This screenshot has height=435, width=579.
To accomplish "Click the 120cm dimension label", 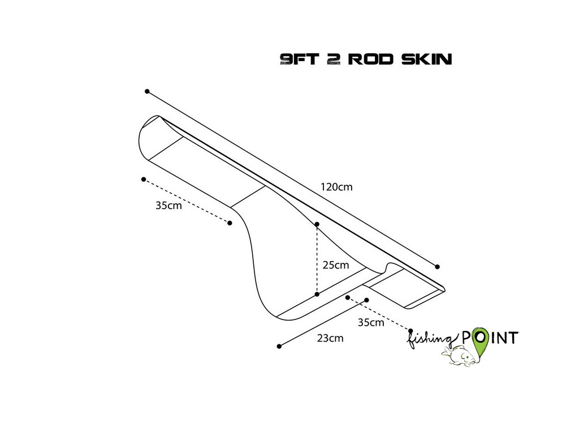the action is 336,187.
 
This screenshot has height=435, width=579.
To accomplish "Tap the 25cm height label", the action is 336,265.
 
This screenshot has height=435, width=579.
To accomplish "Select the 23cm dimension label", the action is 330,338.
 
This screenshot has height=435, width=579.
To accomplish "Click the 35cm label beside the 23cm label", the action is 371,323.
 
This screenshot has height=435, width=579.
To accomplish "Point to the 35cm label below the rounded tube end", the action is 168,206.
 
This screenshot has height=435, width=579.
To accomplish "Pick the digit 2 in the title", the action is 333,59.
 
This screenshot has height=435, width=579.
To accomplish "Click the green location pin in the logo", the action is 480,340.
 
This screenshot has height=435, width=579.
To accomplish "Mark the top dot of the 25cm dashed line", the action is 317,224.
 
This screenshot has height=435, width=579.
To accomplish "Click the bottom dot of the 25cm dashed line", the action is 317,294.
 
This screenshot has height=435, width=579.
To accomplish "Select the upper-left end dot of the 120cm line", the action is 147,91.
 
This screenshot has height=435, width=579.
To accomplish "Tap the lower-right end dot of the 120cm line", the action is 437,266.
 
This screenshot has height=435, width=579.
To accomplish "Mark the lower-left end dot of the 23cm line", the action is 279,346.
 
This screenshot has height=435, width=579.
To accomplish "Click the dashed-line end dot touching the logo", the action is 411,330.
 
